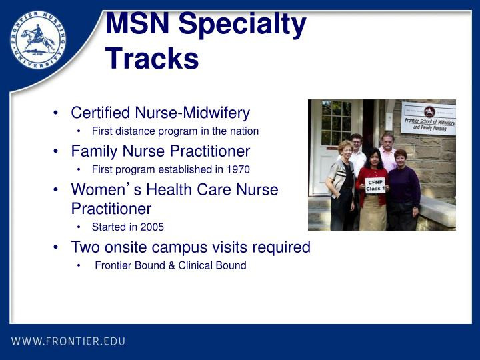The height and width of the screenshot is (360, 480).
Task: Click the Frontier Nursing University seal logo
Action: pyautogui.click(x=38, y=40)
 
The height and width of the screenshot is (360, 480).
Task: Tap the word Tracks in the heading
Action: pyautogui.click(x=152, y=58)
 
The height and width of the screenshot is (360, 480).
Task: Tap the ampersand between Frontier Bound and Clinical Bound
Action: pyautogui.click(x=171, y=265)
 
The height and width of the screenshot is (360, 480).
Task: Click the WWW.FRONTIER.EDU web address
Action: pyautogui.click(x=68, y=341)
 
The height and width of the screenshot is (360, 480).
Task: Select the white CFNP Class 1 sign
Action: pyautogui.click(x=375, y=185)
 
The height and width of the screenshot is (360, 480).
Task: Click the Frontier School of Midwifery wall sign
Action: pyautogui.click(x=429, y=119)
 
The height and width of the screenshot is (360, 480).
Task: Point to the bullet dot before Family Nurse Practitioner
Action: pyautogui.click(x=55, y=151)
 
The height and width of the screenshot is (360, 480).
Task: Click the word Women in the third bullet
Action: pyautogui.click(x=98, y=189)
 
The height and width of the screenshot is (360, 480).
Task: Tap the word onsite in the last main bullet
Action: pyautogui.click(x=125, y=247)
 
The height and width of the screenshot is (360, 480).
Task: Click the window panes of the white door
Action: pyautogui.click(x=336, y=123)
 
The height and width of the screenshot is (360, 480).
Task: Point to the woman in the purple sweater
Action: pyautogui.click(x=403, y=190)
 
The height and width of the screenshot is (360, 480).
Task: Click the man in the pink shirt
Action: pyautogui.click(x=387, y=151)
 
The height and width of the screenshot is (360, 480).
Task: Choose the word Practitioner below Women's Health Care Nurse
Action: pyautogui.click(x=111, y=209)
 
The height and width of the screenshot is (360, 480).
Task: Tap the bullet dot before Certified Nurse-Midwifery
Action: pyautogui.click(x=55, y=113)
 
